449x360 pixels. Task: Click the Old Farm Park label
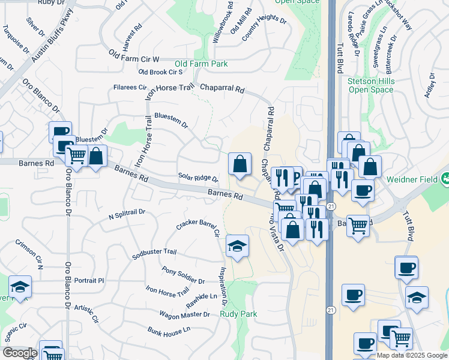point(201,63)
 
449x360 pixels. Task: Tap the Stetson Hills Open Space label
point(370,85)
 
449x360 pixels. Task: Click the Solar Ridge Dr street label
point(198,178)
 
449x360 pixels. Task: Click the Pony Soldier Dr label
point(184,276)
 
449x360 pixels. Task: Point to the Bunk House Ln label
point(169,330)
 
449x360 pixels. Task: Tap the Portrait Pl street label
point(89,280)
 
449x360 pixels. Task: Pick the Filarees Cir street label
point(130,88)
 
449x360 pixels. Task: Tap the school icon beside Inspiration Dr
point(237,245)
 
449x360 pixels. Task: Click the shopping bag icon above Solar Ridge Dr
point(240,163)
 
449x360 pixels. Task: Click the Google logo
point(20,353)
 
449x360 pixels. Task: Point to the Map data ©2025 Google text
point(412,355)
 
